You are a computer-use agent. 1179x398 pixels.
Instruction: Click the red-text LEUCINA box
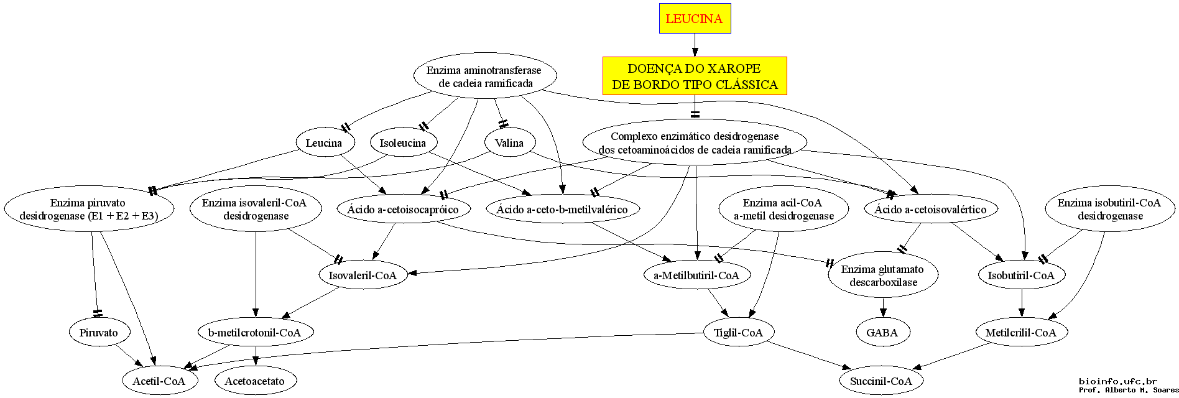[695, 19]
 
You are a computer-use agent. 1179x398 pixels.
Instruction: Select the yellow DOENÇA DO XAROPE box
[695, 76]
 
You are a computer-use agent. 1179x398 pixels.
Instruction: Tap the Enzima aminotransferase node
[485, 76]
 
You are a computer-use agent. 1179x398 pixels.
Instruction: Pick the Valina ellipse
[509, 143]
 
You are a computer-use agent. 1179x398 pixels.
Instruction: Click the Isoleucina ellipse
[403, 143]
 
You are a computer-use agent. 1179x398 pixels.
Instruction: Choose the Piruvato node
[99, 333]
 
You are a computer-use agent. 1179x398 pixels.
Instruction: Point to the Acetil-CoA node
[159, 381]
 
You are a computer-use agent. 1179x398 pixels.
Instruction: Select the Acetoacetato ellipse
[255, 381]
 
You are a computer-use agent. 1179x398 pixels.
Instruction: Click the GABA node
[882, 333]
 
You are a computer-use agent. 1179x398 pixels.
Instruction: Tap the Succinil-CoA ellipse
[881, 381]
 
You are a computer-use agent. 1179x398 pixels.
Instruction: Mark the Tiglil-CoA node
[738, 333]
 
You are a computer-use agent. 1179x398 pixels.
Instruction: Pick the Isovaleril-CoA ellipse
[363, 275]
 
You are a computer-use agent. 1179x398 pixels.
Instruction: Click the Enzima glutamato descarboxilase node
[883, 275]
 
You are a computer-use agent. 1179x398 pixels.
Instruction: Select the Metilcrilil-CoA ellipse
[1021, 333]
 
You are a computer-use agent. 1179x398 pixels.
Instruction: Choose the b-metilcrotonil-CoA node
[255, 333]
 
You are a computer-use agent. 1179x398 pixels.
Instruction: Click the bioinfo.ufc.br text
[1118, 381]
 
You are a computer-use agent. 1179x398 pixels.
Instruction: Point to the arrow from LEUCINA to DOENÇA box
[695, 45]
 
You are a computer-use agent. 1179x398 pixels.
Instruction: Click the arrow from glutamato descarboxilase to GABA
[883, 308]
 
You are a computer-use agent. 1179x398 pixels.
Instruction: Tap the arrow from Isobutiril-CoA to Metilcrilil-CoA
[1021, 304]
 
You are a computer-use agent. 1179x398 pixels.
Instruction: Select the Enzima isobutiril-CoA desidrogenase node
[1110, 210]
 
